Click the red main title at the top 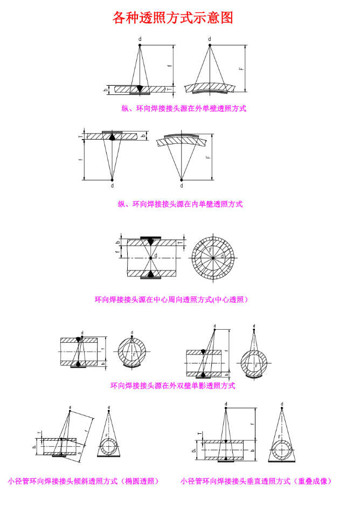point(173,18)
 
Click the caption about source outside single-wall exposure point(183,108)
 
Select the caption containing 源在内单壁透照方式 point(180,204)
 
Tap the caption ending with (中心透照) point(171,299)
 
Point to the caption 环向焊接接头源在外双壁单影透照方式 point(172,385)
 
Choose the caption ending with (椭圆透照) point(84,481)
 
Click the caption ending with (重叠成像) point(256,481)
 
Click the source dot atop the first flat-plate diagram point(140,45)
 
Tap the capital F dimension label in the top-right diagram point(242,68)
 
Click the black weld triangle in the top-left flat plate point(140,88)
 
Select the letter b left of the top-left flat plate point(106,89)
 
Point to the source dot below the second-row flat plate point(112,179)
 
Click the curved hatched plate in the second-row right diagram point(182,138)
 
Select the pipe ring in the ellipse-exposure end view point(109,447)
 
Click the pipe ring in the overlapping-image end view point(281,449)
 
